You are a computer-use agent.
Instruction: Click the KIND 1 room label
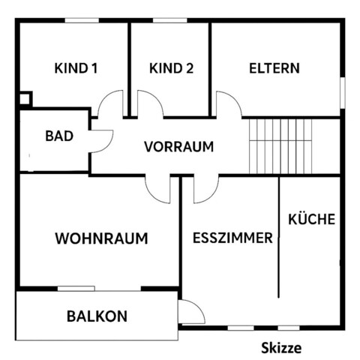pos(76,69)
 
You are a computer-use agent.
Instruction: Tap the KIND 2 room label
pos(172,69)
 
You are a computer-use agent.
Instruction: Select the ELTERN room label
pos(274,68)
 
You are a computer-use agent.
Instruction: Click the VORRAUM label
pos(179,146)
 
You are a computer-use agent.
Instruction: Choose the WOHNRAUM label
pos(101,239)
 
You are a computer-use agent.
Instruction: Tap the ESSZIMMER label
pos(232,239)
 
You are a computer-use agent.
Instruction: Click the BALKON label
pos(97,316)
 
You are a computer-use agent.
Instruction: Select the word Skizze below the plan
pos(281,348)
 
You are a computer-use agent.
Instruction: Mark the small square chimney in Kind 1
pos(25,97)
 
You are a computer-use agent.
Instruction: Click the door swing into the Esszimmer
pos(205,189)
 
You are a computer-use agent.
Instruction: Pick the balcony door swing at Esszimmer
pos(190,310)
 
